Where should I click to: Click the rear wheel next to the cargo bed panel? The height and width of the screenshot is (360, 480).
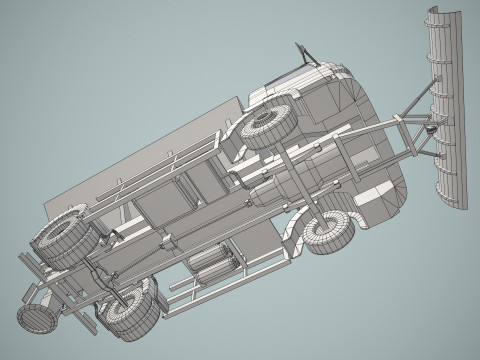pyautogui.click(x=63, y=240)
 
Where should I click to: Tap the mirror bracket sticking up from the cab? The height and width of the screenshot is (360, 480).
pyautogui.click(x=300, y=52)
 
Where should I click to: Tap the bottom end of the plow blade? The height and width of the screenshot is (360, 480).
pyautogui.click(x=456, y=200)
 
